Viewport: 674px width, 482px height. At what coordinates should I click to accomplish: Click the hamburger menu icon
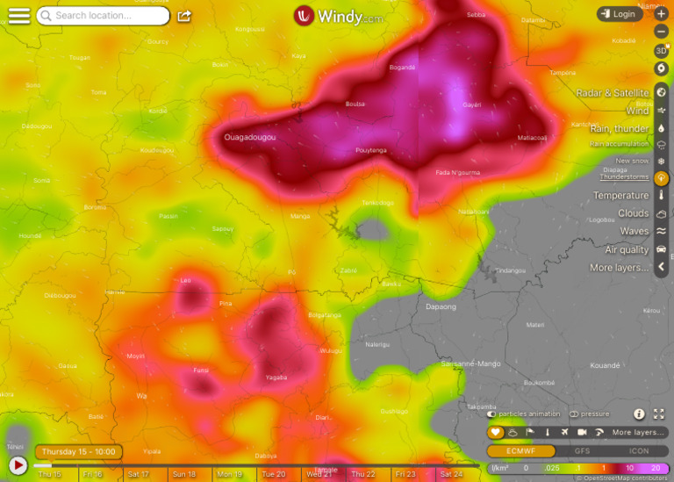point(18,16)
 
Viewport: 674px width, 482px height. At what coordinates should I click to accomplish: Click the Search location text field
point(103,16)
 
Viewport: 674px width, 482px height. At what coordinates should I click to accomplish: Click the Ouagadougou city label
point(250,138)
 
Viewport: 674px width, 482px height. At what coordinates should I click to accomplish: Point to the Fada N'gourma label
point(457,173)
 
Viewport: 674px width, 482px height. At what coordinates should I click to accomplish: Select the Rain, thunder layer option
point(620,129)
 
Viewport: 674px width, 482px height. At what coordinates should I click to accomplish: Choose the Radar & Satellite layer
point(613,93)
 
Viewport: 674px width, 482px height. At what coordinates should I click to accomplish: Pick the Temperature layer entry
point(620,196)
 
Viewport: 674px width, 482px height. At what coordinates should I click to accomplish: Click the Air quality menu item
point(627,250)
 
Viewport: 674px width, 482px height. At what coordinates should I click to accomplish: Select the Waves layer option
point(635,232)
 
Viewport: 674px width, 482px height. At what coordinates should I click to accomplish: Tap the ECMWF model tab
point(521,450)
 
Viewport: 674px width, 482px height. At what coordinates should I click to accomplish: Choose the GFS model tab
point(582,450)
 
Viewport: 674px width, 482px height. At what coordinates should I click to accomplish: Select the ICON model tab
point(639,450)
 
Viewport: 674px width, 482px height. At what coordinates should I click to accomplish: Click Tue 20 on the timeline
point(274,474)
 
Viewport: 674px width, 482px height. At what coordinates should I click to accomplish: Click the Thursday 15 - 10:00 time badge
point(78,451)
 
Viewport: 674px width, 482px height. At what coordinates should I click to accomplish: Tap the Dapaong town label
point(441,306)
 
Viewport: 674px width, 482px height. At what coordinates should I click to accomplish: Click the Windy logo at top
point(338,16)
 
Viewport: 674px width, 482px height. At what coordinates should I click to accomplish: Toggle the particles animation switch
point(492,414)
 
